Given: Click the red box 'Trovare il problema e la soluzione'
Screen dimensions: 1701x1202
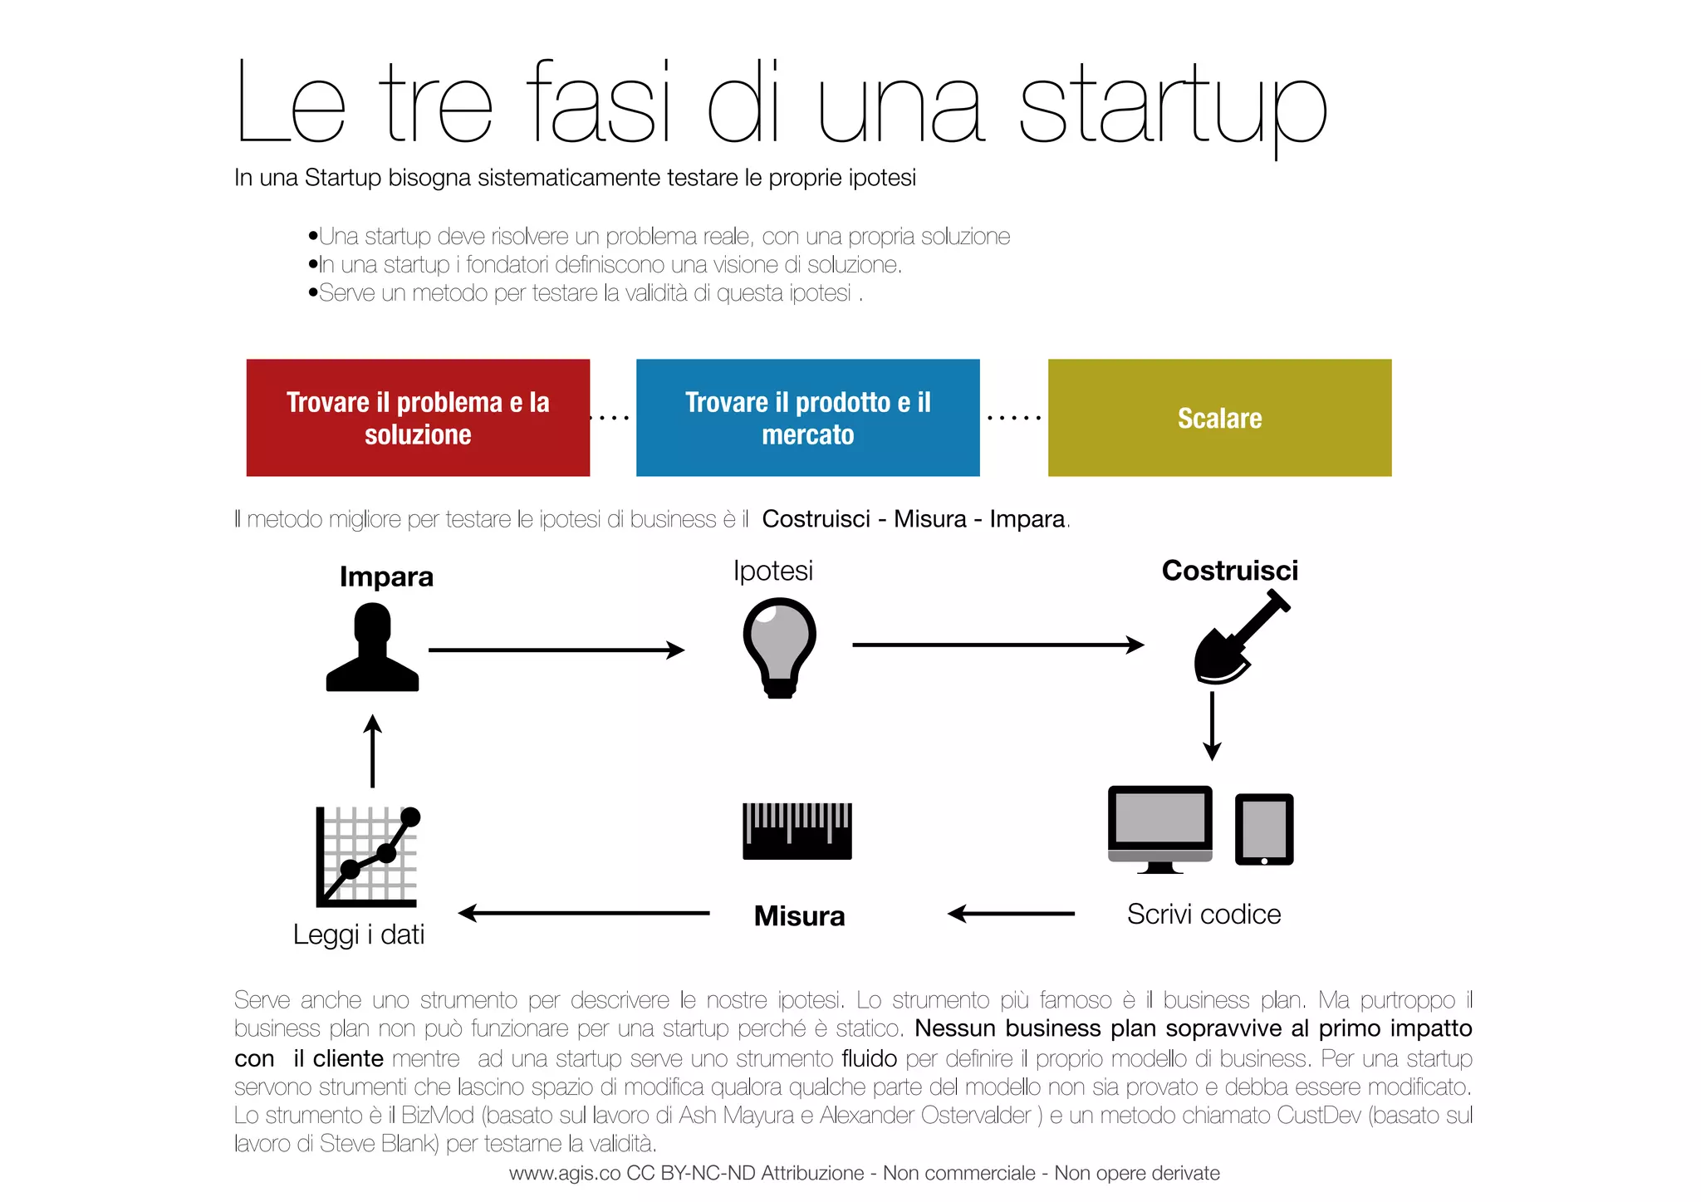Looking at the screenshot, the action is pos(418,417).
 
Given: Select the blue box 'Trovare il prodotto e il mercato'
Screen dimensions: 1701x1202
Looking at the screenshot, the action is pos(807,417).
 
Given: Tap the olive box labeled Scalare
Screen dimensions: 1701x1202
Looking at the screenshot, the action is pos(1219,417).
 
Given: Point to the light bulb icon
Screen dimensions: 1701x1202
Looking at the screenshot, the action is pos(779,648).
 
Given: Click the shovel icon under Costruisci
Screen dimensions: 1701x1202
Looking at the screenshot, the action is pos(1238,638).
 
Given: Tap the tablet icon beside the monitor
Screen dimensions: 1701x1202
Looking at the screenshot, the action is pos(1264,829).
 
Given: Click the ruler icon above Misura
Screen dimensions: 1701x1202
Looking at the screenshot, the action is pos(797,831).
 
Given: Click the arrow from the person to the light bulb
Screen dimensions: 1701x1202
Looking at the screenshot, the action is pos(556,650).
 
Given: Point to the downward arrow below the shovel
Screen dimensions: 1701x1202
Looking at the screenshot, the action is pos(1212,726).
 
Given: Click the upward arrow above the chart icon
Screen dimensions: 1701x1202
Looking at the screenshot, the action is pos(373,751).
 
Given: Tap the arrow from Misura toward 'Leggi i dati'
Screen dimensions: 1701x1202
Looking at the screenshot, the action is pos(585,913).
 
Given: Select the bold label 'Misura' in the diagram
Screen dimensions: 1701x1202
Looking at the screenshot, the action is pos(799,915).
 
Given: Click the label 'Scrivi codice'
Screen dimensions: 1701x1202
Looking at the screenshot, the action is pos(1203,914).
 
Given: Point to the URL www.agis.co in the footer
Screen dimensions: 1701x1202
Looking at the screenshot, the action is pos(565,1173).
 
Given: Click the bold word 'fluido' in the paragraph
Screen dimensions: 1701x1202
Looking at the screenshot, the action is pos(869,1058).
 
